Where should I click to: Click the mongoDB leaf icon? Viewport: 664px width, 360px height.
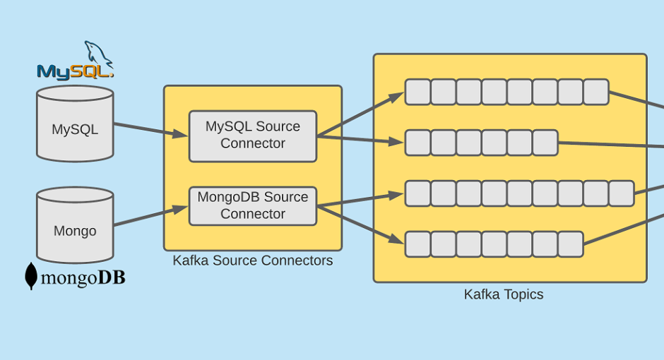coord(31,276)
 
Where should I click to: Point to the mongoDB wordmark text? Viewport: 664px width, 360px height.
coord(83,278)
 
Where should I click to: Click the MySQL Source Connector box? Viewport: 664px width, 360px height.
coord(253,136)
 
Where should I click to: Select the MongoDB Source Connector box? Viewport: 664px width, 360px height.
coord(253,206)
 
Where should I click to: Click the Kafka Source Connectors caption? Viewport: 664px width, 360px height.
coord(253,260)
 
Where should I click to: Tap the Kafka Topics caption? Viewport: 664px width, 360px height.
coord(504,294)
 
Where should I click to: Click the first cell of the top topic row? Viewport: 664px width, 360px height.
coord(417,92)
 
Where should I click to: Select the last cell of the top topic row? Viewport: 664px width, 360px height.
coord(595,92)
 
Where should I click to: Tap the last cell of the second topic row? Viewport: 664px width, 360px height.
coord(545,143)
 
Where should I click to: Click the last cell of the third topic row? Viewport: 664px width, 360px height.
coord(621,193)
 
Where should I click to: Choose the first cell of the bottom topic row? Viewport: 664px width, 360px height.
coord(417,244)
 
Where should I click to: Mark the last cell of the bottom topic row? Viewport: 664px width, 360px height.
coord(570,244)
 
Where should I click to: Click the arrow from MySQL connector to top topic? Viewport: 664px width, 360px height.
coord(360,114)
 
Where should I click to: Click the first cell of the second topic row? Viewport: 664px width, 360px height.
coord(417,143)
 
